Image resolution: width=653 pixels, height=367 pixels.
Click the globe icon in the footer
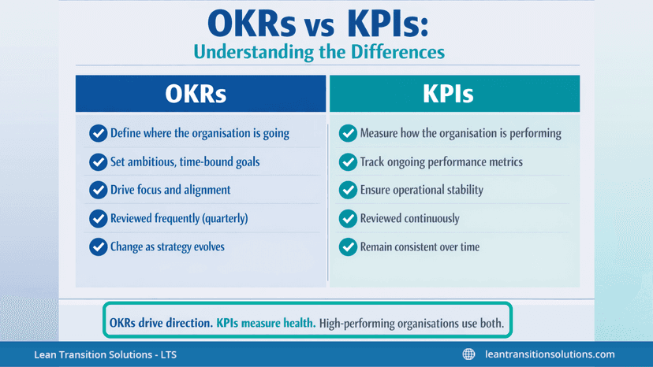[x=468, y=354]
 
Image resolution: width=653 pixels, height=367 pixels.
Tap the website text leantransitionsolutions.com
[x=549, y=354]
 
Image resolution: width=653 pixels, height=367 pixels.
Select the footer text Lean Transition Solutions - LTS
[x=105, y=354]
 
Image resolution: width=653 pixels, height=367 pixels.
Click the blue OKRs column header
[x=200, y=94]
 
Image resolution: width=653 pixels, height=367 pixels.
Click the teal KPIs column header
[x=454, y=94]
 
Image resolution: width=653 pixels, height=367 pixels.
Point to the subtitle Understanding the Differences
[x=319, y=53]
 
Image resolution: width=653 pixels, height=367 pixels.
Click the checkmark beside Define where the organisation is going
[x=98, y=133]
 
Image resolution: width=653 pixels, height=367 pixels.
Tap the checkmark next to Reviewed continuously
[x=348, y=218]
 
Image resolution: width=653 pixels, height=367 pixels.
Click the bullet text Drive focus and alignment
[x=170, y=190]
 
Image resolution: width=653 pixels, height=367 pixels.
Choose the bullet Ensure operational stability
[x=421, y=190]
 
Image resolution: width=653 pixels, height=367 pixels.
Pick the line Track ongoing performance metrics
[x=441, y=161]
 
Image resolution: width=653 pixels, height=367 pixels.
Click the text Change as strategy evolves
[x=167, y=247]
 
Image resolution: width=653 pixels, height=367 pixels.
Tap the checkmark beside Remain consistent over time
[x=348, y=247]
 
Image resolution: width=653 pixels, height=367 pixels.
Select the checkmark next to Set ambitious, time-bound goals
[x=98, y=161]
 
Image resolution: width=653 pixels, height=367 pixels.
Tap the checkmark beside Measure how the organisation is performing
[x=348, y=133]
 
